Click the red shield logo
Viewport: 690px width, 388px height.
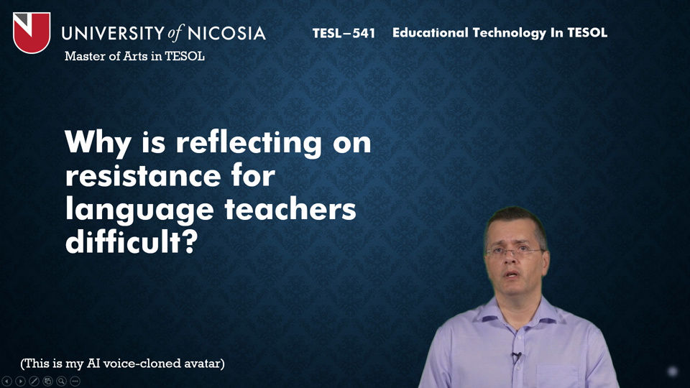click(x=32, y=32)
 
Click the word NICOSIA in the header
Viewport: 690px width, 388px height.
click(x=226, y=34)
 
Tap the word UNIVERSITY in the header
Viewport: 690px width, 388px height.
click(x=113, y=34)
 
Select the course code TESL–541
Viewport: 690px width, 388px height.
click(x=344, y=34)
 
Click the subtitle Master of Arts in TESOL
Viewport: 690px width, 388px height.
click(x=134, y=56)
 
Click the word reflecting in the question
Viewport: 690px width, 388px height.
click(x=249, y=144)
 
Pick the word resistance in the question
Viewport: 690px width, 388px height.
click(x=143, y=176)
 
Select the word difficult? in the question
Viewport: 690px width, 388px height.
click(x=132, y=241)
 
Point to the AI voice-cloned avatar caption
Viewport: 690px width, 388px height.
click(x=122, y=364)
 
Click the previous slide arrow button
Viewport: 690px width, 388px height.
click(x=6, y=381)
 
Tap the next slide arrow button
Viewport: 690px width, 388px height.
click(x=20, y=381)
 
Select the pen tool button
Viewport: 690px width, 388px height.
click(x=34, y=381)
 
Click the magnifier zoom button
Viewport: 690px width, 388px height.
click(x=61, y=381)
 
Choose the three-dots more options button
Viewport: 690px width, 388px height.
click(x=75, y=381)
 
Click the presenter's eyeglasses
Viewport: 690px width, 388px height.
click(x=514, y=252)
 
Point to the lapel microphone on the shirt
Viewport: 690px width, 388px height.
click(x=517, y=356)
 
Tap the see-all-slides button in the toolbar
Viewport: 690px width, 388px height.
click(x=47, y=381)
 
